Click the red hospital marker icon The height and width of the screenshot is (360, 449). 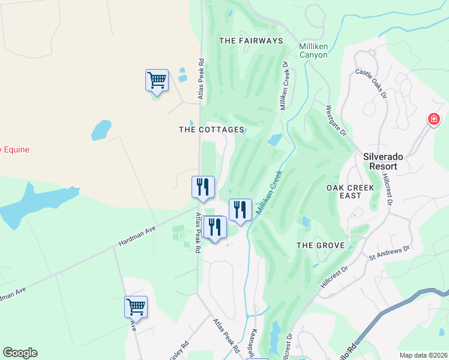(x=433, y=119)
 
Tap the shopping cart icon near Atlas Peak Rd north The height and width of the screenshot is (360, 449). (x=157, y=80)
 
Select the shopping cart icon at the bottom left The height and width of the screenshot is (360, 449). (x=136, y=307)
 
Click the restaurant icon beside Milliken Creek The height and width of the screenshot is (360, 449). (x=240, y=209)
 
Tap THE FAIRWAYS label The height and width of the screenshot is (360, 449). (x=250, y=41)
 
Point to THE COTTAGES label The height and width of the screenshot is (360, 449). (x=212, y=130)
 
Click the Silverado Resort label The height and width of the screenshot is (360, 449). (x=389, y=163)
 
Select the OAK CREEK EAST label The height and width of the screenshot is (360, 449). (x=351, y=191)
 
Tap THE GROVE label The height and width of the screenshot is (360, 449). (x=321, y=245)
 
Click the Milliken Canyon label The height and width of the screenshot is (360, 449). (x=313, y=50)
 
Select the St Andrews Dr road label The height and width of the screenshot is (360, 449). (x=389, y=252)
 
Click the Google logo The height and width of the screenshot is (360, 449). (x=20, y=353)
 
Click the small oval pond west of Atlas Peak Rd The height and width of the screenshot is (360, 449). (x=101, y=130)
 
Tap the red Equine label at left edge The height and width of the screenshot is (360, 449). (x=14, y=150)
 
